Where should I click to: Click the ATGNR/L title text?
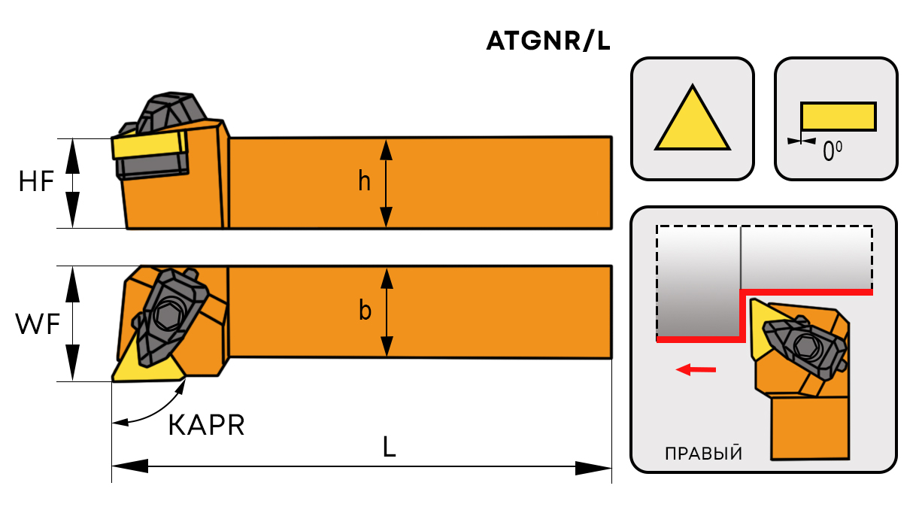coord(547,42)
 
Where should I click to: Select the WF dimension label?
coord(37,325)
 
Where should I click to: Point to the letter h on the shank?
coord(364,182)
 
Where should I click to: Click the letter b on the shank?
coord(365,311)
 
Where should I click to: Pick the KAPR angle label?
coord(206,426)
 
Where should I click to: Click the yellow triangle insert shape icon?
coord(693,123)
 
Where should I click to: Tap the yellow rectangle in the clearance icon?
coord(838,117)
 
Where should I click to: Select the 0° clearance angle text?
coord(832,153)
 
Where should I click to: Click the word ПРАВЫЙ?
coord(704,454)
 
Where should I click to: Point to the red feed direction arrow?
coord(696,369)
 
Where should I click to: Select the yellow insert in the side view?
coord(148,144)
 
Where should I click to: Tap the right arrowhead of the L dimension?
coord(594,469)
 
